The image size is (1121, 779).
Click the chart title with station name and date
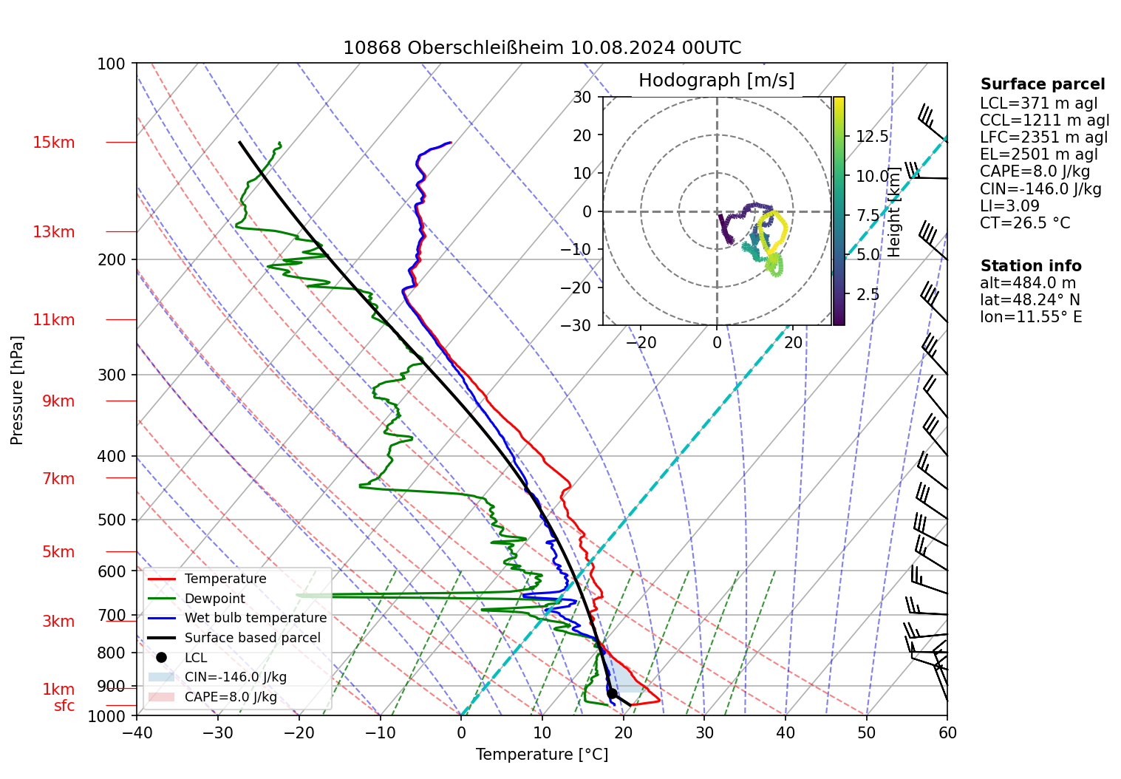[x=542, y=48]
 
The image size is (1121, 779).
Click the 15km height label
[x=54, y=143]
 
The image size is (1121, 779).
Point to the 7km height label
[x=58, y=479]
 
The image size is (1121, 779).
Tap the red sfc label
[x=64, y=706]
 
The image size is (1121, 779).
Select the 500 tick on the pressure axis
[x=112, y=520]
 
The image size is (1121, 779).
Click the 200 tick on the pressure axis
[x=112, y=259]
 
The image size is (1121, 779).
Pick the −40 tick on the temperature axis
[x=137, y=732]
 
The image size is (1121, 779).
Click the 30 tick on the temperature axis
[x=704, y=732]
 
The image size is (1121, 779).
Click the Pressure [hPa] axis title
[x=17, y=390]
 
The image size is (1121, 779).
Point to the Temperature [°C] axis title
[x=542, y=755]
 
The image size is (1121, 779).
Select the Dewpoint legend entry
[x=214, y=599]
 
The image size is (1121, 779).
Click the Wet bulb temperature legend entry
[x=255, y=618]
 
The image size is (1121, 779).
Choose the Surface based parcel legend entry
[x=252, y=638]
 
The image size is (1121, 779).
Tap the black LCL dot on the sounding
[x=612, y=693]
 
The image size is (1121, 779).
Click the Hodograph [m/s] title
[x=716, y=81]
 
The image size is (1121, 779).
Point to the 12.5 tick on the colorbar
[x=872, y=137]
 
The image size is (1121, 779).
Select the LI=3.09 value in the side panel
[x=1009, y=206]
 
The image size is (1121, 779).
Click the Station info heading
[x=1030, y=266]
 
